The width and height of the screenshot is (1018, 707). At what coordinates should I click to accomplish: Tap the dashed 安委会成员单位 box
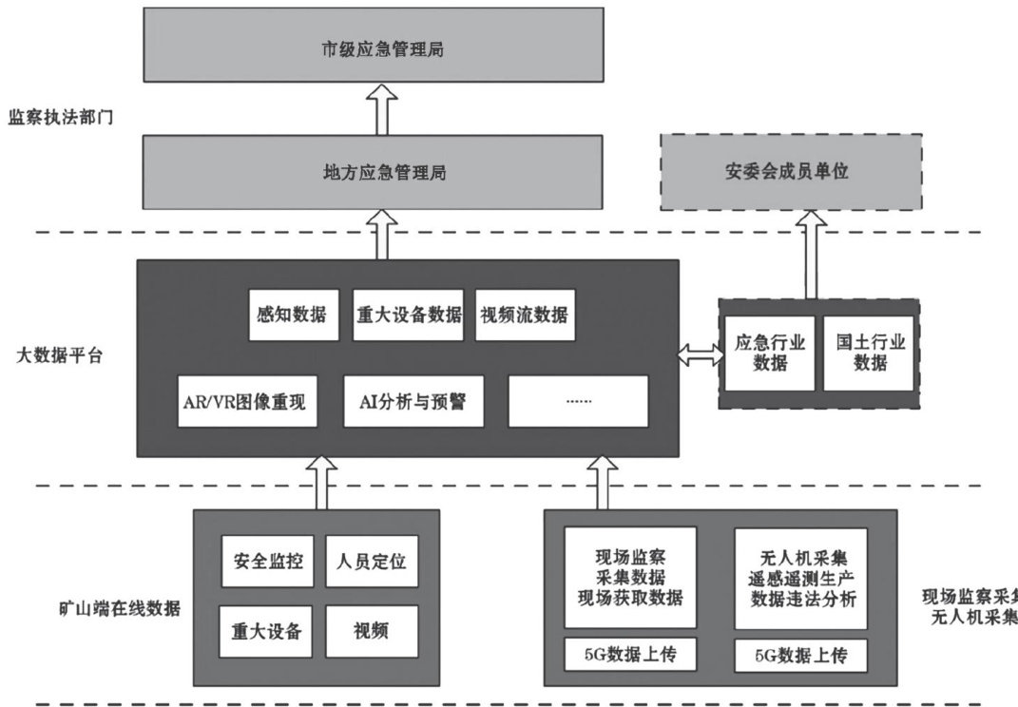click(x=791, y=172)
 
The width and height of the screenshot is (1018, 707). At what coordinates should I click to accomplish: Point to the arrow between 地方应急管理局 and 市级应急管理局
click(x=382, y=108)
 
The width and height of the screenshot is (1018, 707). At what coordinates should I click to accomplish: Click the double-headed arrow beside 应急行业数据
click(x=698, y=355)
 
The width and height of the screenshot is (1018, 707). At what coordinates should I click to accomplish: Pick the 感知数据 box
click(x=292, y=315)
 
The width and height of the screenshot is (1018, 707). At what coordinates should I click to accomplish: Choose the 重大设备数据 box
click(x=408, y=315)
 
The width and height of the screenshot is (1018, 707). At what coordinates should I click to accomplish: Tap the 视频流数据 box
click(x=525, y=315)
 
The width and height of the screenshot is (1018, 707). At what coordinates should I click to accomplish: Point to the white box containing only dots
click(x=578, y=401)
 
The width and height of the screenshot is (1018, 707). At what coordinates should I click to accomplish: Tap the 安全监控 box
click(x=268, y=562)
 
